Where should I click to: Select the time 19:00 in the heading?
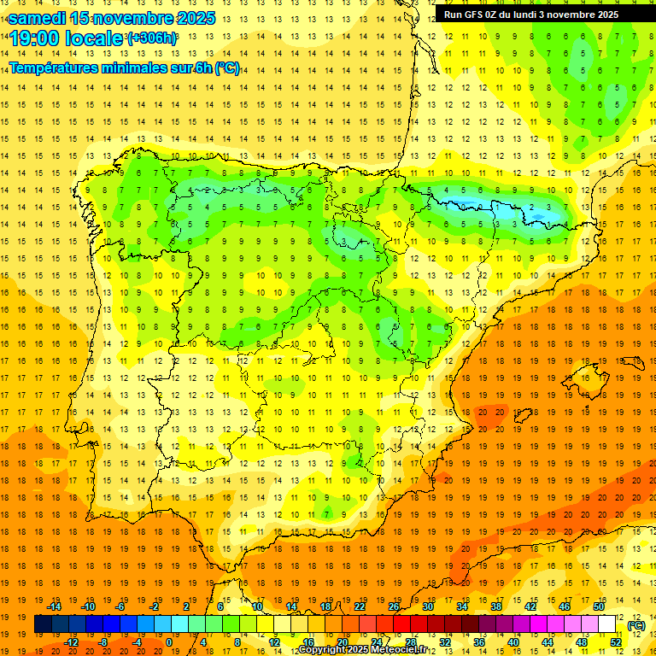[35, 38]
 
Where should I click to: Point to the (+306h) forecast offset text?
[152, 38]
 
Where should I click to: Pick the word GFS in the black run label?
[478, 15]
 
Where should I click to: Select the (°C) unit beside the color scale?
[635, 625]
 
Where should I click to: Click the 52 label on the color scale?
[615, 641]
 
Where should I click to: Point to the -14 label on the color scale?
[55, 606]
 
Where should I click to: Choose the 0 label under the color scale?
[169, 641]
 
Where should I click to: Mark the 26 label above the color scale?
[394, 606]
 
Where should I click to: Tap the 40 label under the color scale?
[512, 641]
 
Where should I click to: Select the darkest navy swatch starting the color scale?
[43, 624]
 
